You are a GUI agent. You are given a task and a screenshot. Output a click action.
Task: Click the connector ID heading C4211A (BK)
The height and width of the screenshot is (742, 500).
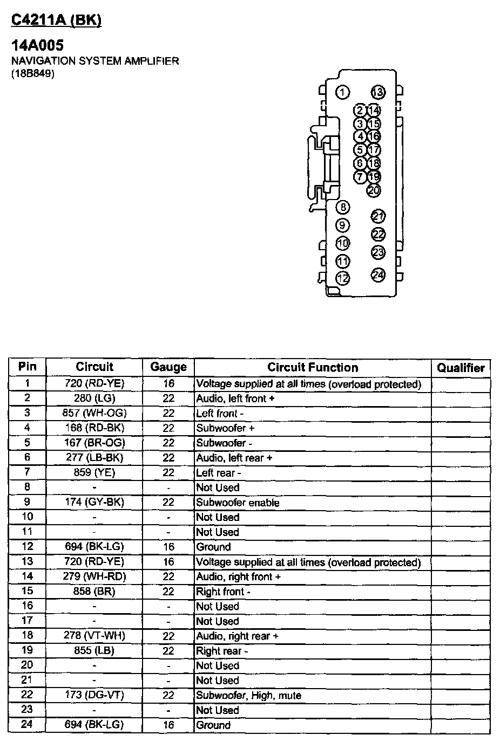[57, 20]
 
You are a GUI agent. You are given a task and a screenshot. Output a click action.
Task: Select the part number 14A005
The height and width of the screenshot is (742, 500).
[38, 46]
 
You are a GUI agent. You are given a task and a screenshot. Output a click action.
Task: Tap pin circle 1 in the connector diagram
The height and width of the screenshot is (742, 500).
[342, 92]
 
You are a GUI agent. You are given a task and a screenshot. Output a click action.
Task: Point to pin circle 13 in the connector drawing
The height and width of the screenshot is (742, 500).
[378, 92]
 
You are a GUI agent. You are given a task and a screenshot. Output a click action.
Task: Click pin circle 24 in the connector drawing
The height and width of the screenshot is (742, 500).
[379, 275]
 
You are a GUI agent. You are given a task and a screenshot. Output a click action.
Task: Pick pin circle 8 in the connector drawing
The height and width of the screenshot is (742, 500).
[342, 207]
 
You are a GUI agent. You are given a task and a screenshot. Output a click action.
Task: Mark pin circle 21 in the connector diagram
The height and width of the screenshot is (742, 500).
[379, 216]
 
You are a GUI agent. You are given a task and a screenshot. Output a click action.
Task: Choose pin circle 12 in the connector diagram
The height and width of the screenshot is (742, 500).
[342, 278]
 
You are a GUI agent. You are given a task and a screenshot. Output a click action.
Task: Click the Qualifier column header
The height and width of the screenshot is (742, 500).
[461, 368]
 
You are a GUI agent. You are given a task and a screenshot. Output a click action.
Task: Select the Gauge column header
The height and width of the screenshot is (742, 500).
[168, 367]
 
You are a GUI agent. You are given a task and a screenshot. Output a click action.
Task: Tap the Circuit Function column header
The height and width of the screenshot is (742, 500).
[313, 367]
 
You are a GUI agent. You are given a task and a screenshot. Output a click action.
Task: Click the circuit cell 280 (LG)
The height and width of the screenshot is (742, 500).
[94, 399]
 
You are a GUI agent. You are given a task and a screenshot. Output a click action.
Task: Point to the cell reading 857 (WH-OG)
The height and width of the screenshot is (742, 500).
[94, 413]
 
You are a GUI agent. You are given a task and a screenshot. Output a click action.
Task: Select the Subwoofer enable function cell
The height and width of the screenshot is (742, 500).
[238, 503]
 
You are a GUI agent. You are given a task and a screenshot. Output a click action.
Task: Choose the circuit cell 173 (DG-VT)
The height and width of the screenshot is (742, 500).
[94, 695]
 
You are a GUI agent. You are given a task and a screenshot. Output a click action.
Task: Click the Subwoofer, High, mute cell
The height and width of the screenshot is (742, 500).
[248, 695]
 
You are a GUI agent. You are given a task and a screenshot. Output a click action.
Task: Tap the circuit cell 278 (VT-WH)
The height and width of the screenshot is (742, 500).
[94, 636]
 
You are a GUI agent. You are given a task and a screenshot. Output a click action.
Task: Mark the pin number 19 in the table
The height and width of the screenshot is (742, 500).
[27, 650]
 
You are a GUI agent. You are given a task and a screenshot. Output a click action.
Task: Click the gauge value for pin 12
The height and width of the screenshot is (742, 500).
[168, 547]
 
